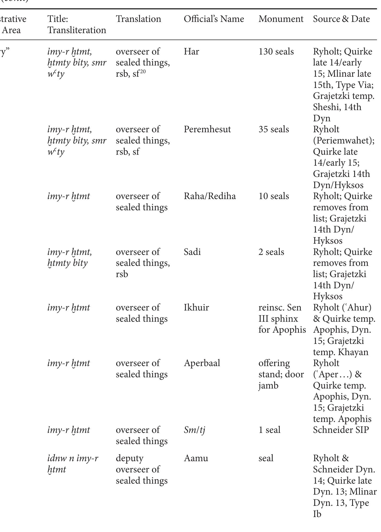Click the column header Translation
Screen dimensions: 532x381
point(138,19)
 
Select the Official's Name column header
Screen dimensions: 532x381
point(214,19)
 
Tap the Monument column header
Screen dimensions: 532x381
point(281,19)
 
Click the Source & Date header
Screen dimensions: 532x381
point(341,19)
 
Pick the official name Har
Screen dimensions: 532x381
point(191,52)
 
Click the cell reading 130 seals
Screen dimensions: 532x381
point(276,52)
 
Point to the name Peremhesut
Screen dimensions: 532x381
point(207,129)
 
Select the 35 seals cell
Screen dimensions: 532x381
point(273,129)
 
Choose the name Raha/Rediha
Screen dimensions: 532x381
point(209,196)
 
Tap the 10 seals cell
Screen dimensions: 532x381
point(273,196)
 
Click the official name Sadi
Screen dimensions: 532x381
point(192,252)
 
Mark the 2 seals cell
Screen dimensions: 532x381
point(271,252)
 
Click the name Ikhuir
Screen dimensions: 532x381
point(196,308)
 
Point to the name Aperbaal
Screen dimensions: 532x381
point(202,363)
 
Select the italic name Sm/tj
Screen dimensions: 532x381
point(194,430)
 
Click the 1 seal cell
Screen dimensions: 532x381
point(269,430)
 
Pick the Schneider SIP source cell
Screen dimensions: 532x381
point(341,430)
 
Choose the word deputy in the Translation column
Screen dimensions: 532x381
point(129,458)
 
